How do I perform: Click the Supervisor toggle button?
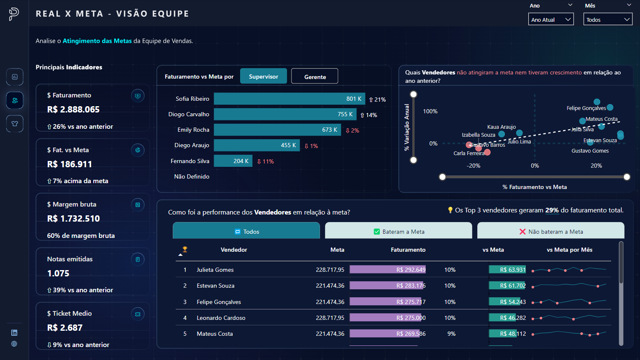coord(264,77)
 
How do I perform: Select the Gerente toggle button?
coord(315,77)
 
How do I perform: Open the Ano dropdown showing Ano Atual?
coord(550,20)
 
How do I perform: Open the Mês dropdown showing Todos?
coord(607,20)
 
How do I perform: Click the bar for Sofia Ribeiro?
coord(289,99)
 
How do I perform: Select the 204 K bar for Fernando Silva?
coord(233,161)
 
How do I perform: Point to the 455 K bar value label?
coord(288,145)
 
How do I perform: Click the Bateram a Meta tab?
coord(399,232)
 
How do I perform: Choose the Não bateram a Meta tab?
coord(551,232)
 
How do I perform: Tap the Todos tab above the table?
coord(246,232)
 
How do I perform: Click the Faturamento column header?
coord(408,250)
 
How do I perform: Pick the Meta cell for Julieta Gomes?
coord(330,270)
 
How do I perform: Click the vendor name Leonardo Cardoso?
coord(221,318)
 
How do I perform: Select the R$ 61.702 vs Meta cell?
coord(508,286)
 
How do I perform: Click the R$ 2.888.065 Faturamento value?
coord(73,110)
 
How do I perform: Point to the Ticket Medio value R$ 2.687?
coord(65,328)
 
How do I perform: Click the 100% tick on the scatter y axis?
coord(430,111)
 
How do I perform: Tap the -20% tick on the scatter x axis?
coord(474,166)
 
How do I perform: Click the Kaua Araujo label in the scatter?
coord(501,127)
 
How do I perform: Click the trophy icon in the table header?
coord(184,250)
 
